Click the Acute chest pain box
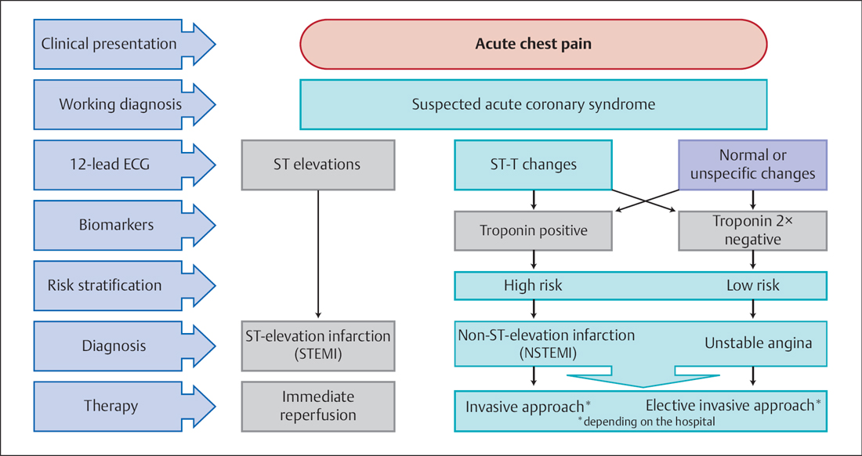pyautogui.click(x=533, y=44)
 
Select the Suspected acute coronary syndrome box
pyautogui.click(x=533, y=104)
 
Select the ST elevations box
pyautogui.click(x=317, y=165)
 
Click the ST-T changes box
pyautogui.click(x=533, y=165)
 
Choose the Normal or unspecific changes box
pyautogui.click(x=752, y=165)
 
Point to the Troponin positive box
pyautogui.click(x=533, y=231)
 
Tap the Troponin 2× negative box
pyautogui.click(x=752, y=231)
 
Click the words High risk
pyautogui.click(x=533, y=285)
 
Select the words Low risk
pyautogui.click(x=752, y=285)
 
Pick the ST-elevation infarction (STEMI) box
pyautogui.click(x=317, y=346)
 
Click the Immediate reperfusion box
pyautogui.click(x=317, y=406)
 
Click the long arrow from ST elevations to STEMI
pyautogui.click(x=317, y=251)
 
